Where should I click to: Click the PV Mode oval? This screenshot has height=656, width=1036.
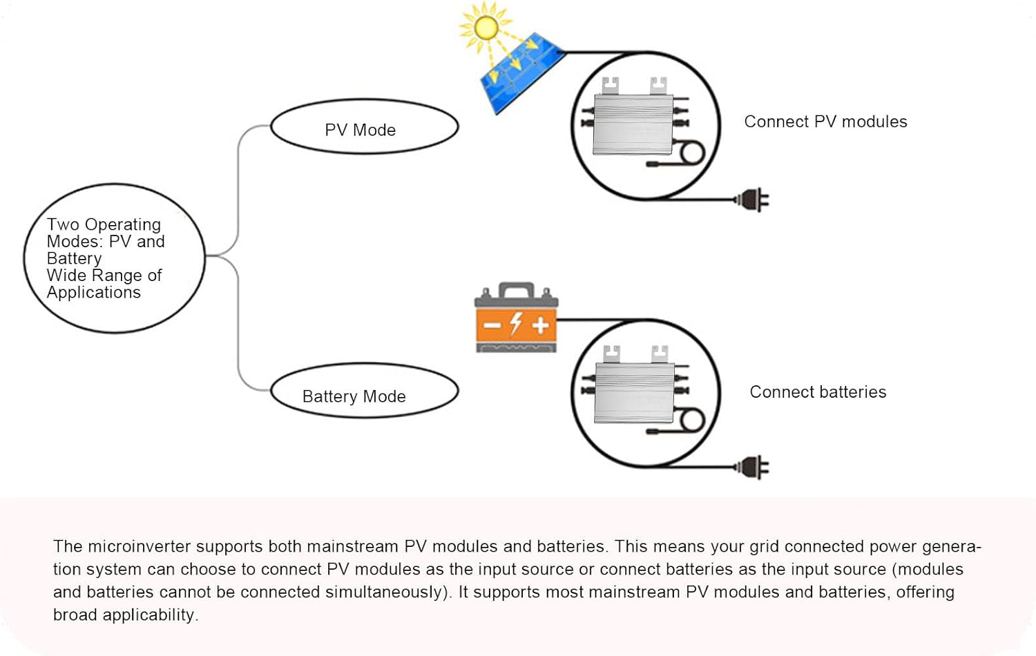364,127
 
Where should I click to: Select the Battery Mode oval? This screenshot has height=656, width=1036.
364,392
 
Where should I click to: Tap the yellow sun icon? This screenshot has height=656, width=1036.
486,27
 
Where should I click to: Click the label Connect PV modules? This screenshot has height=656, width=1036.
825,122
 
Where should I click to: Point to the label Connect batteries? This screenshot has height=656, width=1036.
818,392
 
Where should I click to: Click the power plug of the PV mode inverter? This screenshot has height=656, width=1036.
754,200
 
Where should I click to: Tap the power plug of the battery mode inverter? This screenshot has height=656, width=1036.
754,467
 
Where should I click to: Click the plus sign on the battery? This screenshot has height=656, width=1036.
540,325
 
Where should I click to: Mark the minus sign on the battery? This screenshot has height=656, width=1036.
492,325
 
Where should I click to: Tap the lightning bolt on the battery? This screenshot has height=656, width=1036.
515,323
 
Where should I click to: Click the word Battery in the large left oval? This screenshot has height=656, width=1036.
74,259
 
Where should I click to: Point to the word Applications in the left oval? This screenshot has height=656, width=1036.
93,293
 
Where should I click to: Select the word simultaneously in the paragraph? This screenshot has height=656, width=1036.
389,592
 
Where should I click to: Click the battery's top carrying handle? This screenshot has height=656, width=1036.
516,288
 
